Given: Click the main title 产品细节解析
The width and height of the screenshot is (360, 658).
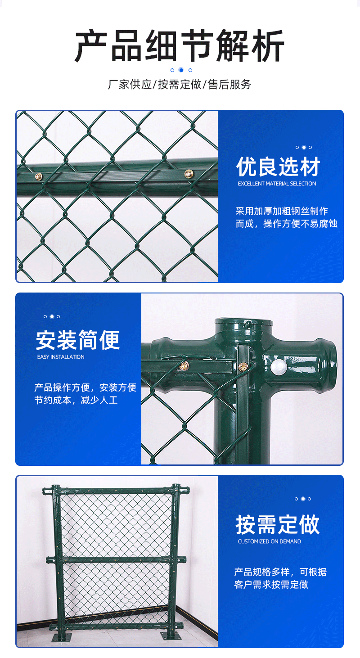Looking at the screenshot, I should [x=180, y=46].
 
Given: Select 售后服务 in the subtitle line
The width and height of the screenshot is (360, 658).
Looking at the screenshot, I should [x=229, y=84].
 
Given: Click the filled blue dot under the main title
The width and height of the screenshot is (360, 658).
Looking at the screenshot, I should [x=181, y=70].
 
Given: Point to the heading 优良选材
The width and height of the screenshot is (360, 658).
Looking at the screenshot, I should [x=278, y=167].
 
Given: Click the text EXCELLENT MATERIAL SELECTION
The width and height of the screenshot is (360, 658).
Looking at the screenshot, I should [x=277, y=184].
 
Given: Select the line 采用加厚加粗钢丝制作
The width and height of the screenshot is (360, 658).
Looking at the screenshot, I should [x=282, y=211].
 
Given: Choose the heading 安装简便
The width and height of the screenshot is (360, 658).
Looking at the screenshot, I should [x=78, y=340].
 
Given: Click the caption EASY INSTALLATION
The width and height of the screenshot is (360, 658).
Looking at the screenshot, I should [x=61, y=357].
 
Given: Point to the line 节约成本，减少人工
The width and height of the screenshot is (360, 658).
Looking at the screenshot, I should [x=76, y=400].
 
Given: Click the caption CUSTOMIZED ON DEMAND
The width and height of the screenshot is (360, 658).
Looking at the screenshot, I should [x=269, y=541].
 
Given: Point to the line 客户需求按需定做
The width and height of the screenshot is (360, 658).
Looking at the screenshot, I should [x=271, y=585].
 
